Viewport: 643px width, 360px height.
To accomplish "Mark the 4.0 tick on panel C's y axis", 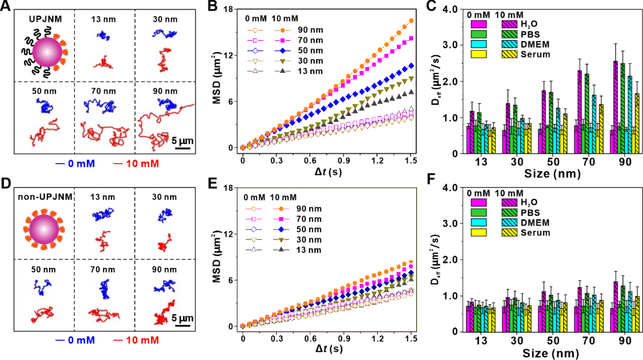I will pyautogui.click(x=451, y=9).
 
